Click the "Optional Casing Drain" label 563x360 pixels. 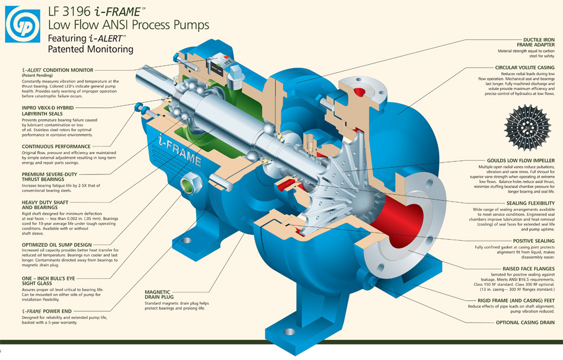[x=525, y=323]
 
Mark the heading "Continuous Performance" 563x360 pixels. [x=56, y=146]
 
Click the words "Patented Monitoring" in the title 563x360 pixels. [x=91, y=50]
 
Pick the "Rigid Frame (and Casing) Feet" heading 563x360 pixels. [x=517, y=301]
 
